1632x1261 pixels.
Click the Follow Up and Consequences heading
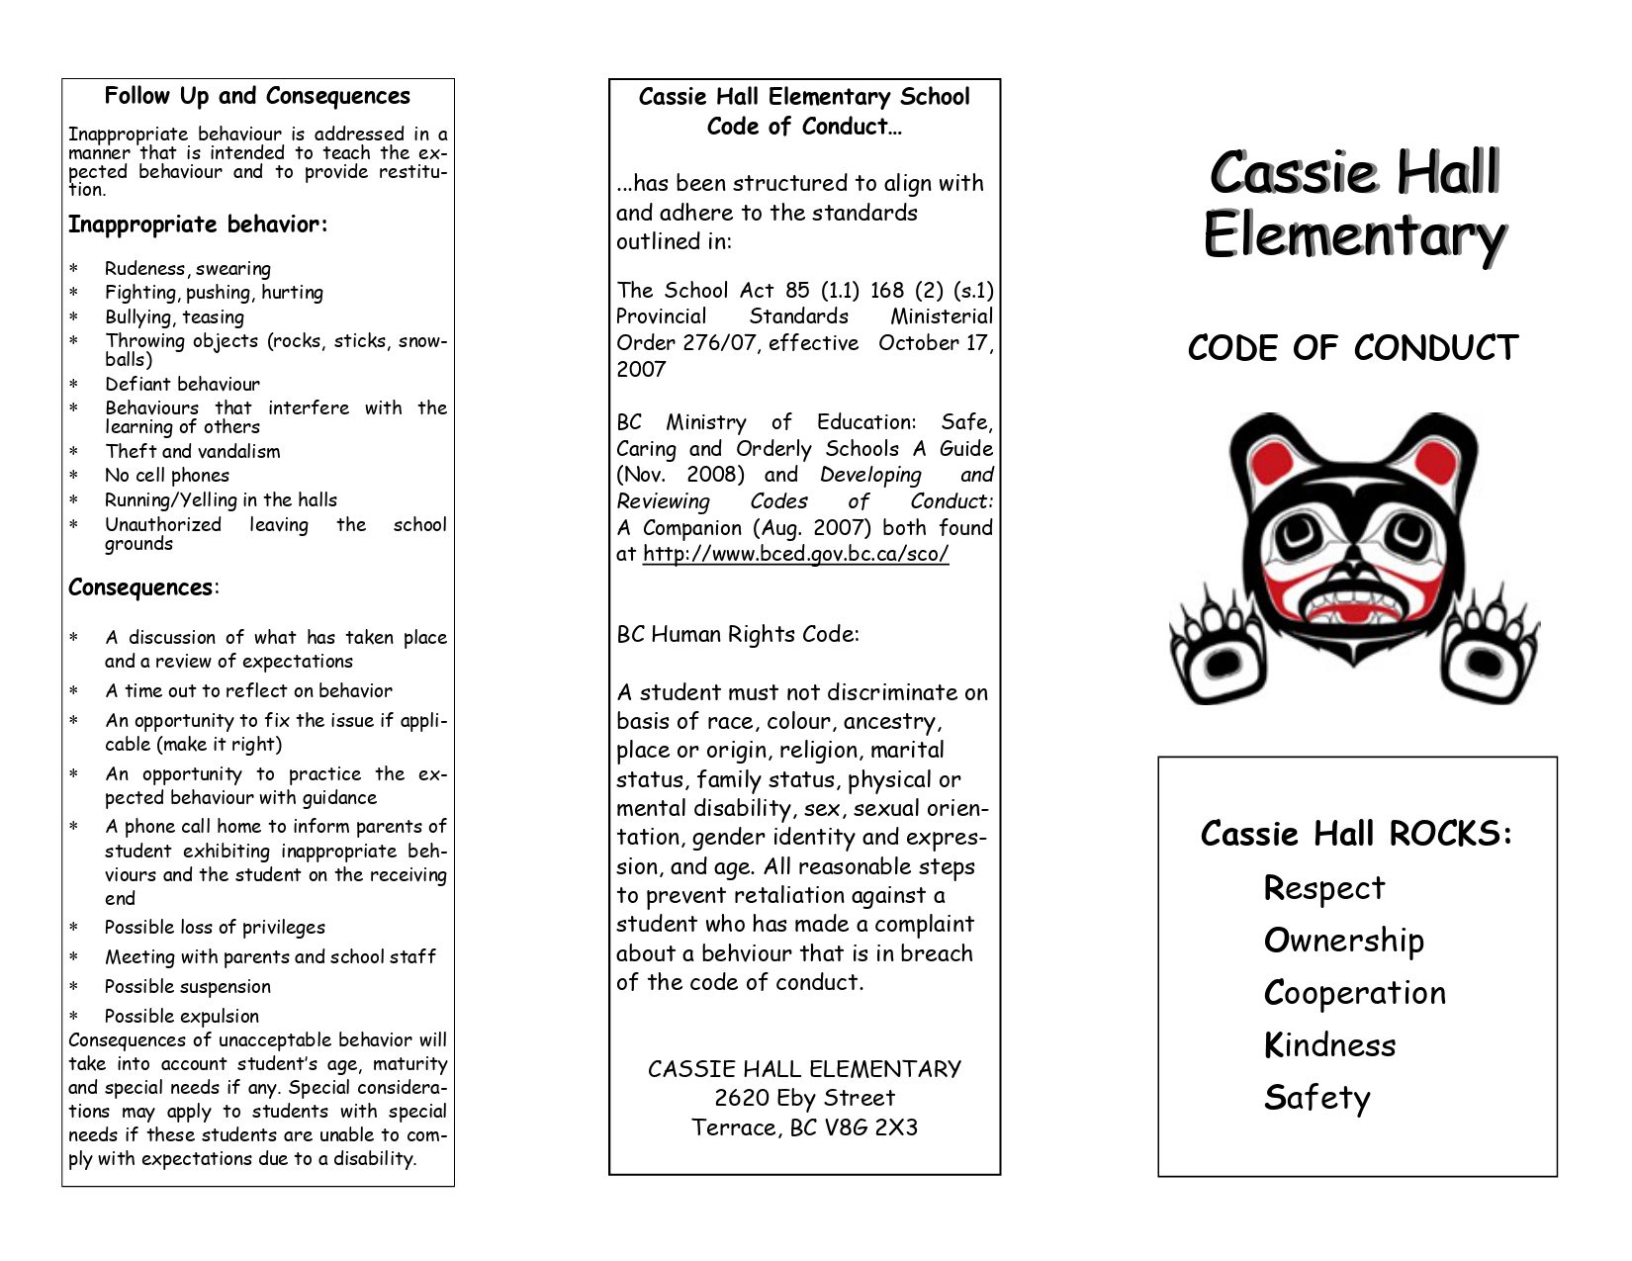[x=257, y=96]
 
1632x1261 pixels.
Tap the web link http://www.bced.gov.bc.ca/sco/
[x=795, y=554]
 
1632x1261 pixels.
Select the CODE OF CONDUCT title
[x=1352, y=348]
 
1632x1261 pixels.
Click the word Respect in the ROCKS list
[x=1323, y=888]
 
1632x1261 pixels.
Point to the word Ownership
[x=1343, y=941]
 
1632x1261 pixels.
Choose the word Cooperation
[x=1354, y=993]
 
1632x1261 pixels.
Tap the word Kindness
[x=1329, y=1045]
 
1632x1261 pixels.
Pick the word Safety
[x=1316, y=1098]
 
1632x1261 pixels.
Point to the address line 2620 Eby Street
[x=804, y=1098]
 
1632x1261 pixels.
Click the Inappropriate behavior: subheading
[x=198, y=225]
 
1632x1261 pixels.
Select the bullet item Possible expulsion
[x=182, y=1016]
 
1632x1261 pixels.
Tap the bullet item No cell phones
[x=167, y=476]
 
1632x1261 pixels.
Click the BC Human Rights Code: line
[x=738, y=634]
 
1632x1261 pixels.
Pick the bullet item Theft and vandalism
[x=193, y=452]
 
